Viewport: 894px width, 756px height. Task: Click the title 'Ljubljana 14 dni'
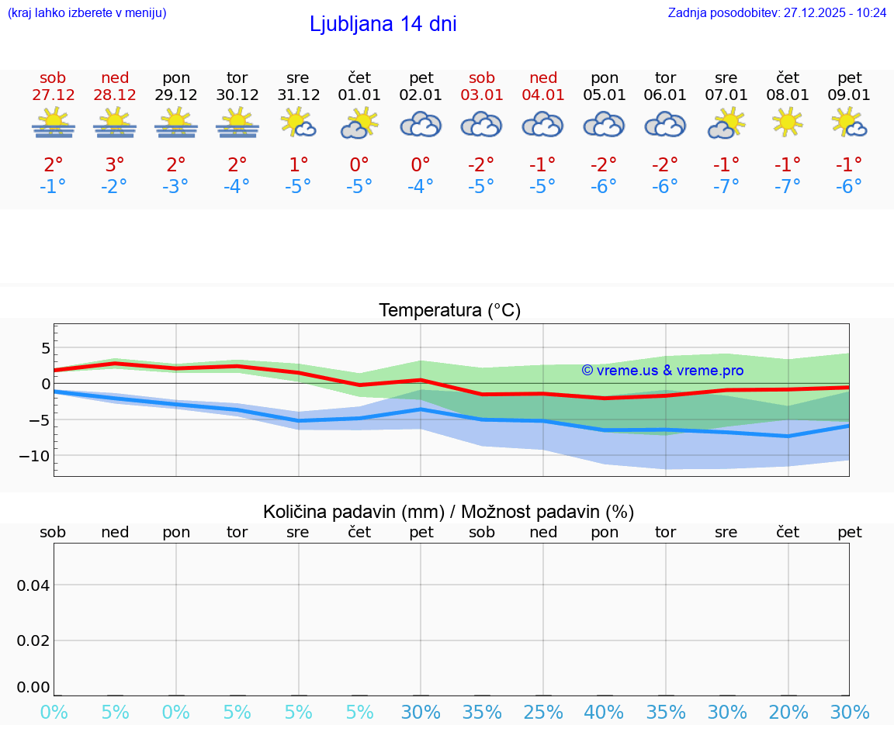(x=383, y=24)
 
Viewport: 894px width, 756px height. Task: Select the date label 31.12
(x=298, y=95)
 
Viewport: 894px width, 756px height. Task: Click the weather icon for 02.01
(x=421, y=124)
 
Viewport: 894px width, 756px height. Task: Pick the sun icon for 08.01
(x=788, y=123)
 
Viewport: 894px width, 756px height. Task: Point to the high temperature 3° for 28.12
(x=115, y=165)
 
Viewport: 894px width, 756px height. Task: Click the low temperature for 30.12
(x=237, y=187)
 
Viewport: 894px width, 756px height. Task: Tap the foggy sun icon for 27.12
(x=54, y=123)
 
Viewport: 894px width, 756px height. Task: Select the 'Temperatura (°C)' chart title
(x=449, y=310)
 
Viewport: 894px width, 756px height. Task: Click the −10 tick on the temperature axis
(x=34, y=456)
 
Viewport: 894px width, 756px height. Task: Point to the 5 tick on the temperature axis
(x=45, y=348)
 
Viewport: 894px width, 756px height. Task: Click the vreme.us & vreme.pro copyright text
(x=662, y=371)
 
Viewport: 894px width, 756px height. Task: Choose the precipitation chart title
(x=449, y=512)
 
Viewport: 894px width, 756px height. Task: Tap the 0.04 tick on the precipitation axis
(x=33, y=585)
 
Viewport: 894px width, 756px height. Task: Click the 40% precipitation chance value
(x=604, y=713)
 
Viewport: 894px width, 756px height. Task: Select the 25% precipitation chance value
(x=543, y=713)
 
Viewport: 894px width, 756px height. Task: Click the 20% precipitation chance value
(x=788, y=713)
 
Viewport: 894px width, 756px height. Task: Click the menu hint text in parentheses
(x=86, y=12)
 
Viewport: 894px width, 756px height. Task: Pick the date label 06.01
(x=665, y=95)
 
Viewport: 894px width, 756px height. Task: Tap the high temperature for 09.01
(x=849, y=165)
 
